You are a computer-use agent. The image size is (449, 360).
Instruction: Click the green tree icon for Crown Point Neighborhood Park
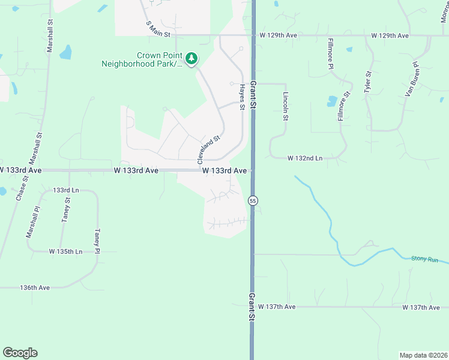[x=191, y=58]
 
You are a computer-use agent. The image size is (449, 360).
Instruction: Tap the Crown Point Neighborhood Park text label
[x=142, y=59]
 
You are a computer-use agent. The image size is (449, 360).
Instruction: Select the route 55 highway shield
[x=254, y=200]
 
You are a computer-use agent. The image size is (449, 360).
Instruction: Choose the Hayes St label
[x=243, y=97]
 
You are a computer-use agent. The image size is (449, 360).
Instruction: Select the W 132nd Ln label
[x=305, y=158]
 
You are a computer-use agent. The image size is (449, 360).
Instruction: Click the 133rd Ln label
[x=62, y=190]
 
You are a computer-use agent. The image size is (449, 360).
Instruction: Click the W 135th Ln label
[x=65, y=251]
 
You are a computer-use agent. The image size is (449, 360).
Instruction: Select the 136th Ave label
[x=35, y=288]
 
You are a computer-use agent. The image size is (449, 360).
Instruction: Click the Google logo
[x=20, y=353]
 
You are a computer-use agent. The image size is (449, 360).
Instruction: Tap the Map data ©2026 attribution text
[x=424, y=355]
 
